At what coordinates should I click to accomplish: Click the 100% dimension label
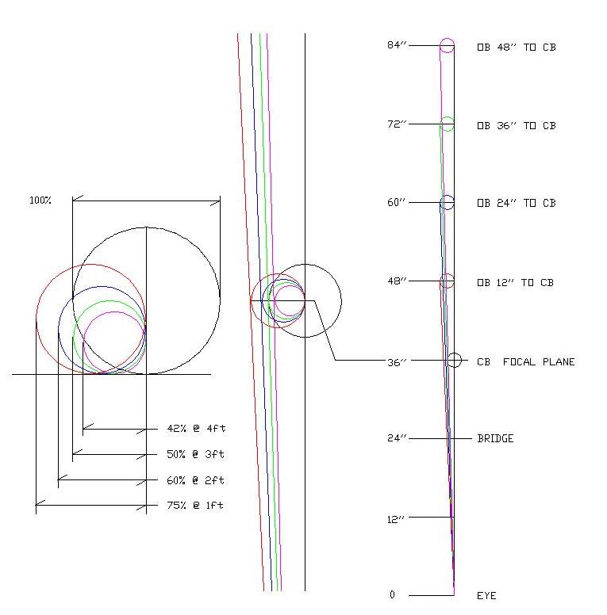click(40, 201)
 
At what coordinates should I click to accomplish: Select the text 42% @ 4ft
click(196, 428)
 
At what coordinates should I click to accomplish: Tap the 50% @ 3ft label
click(195, 454)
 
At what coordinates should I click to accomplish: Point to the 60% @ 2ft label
click(195, 480)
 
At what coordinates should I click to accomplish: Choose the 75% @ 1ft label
click(195, 505)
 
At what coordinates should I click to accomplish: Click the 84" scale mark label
click(397, 45)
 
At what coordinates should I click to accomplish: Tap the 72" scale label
click(397, 124)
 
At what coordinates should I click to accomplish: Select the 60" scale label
click(397, 202)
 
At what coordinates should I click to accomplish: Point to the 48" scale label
click(397, 281)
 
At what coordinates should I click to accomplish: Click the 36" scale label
click(397, 362)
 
